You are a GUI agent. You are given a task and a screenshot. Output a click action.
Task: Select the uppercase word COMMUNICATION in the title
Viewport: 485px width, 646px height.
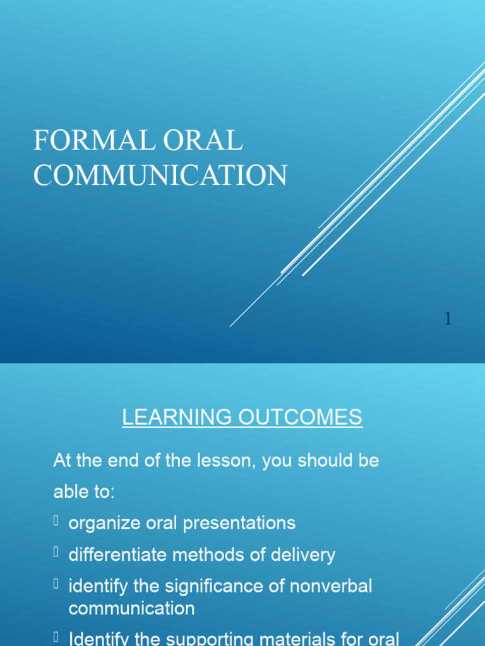point(160,175)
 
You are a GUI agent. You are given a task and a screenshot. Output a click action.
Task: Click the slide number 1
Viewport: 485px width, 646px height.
point(448,320)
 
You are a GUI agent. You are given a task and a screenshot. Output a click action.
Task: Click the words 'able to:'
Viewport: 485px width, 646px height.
point(84,492)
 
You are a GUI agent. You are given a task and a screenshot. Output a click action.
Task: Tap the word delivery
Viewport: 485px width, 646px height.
point(303,555)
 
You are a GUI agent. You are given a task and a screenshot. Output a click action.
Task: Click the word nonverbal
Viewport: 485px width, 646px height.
point(332,587)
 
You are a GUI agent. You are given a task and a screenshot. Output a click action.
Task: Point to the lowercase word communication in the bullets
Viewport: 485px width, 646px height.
point(131,609)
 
